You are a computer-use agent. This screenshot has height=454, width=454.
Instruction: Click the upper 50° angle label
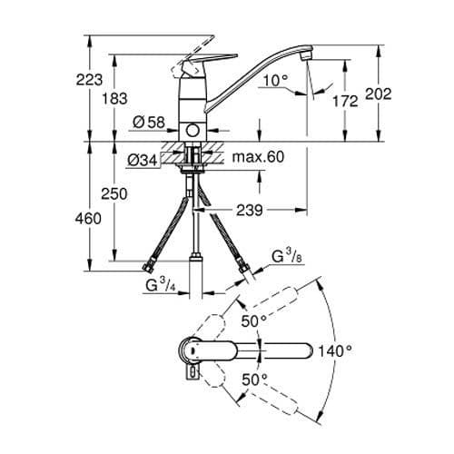(252, 321)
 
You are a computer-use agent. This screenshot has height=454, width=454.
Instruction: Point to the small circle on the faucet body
(192, 133)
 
